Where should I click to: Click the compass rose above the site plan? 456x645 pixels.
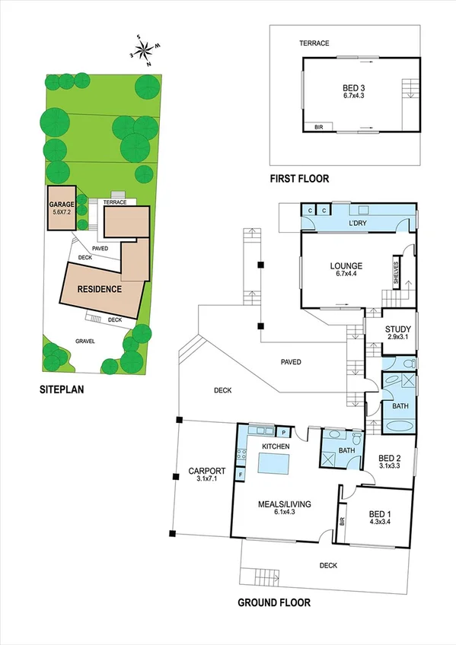144,51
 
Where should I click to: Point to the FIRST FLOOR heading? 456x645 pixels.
299,179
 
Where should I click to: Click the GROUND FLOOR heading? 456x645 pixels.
273,603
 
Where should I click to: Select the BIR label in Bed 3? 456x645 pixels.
319,128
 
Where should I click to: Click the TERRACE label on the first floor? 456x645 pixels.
314,43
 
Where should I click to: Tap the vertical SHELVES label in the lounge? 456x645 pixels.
397,270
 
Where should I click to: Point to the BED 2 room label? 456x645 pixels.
393,461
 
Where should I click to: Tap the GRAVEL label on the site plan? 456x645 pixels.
85,342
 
